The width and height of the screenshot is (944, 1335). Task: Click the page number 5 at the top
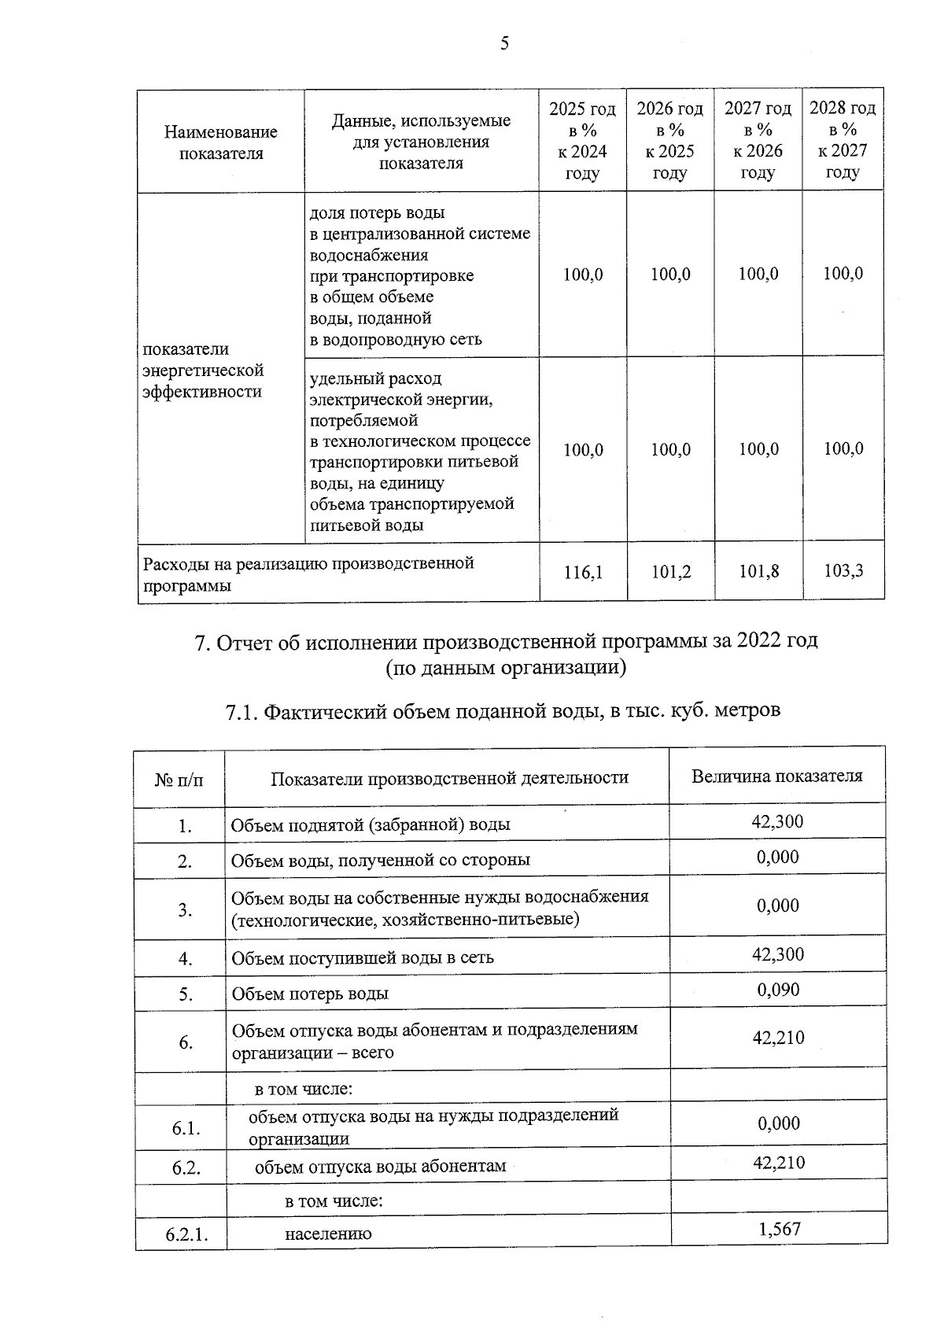coord(504,43)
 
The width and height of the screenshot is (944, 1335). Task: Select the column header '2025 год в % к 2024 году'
coord(582,141)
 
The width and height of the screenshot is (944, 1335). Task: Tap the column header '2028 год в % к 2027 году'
coord(843,140)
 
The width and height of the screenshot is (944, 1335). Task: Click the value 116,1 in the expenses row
coord(583,572)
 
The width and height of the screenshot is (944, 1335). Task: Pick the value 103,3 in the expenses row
coord(843,570)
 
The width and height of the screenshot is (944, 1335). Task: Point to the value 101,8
coord(758,571)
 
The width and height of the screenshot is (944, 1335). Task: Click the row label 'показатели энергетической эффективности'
coord(203,371)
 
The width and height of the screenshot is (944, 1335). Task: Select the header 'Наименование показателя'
coord(221,142)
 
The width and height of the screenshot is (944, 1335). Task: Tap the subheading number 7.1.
coord(242,713)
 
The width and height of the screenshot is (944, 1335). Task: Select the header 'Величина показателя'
coord(776,776)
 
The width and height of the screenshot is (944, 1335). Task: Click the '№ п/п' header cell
coord(179,780)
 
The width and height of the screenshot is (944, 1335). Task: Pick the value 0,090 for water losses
coord(778,990)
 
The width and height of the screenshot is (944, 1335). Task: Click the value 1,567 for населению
coord(779,1229)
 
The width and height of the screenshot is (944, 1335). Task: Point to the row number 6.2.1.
coord(186,1234)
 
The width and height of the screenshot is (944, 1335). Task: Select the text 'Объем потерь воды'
coord(310,994)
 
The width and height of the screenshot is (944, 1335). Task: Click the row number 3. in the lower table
coord(185,910)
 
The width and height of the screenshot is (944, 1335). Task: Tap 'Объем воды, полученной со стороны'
coord(381,861)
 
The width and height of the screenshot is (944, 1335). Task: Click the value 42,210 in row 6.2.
coord(778,1163)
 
